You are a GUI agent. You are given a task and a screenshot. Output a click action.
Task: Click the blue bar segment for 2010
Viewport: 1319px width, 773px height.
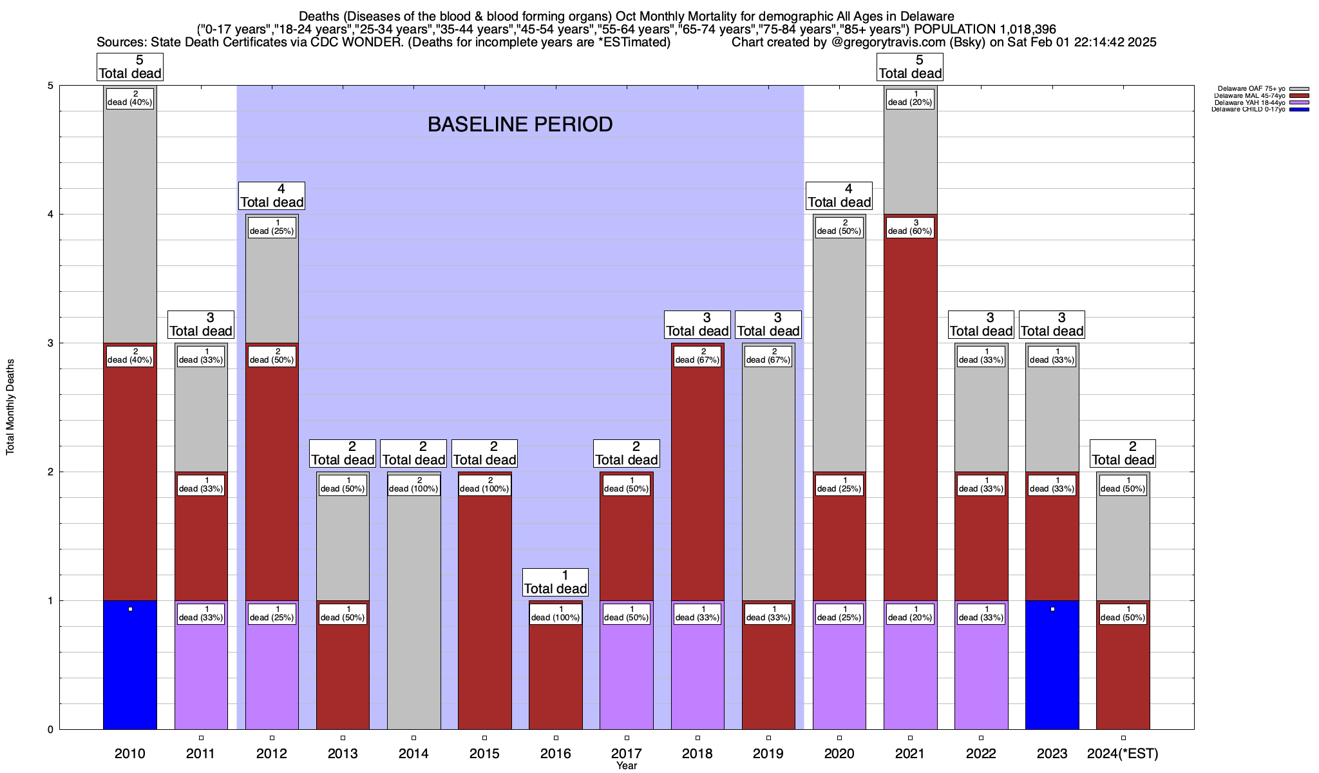130,670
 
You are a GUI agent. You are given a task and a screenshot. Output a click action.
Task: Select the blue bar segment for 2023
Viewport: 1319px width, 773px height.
1052,670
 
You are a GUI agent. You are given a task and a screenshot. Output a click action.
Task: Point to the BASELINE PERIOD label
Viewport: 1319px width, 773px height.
520,124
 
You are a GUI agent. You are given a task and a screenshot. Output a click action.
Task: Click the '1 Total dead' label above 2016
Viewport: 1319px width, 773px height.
555,582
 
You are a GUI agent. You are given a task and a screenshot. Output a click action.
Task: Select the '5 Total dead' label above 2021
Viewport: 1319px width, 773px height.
910,67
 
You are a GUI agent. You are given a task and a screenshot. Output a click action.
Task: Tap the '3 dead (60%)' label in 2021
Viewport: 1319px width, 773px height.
910,227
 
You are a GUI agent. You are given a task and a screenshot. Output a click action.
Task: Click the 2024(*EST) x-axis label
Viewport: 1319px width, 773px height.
1123,754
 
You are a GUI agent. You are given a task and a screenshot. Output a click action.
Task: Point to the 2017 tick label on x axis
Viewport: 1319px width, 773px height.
626,754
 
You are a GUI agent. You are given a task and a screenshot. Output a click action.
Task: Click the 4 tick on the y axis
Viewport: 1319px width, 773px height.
50,215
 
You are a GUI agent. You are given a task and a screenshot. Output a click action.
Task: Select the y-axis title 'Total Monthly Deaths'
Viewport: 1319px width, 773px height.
10,407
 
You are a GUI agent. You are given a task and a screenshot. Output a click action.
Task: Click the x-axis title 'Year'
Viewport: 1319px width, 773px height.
626,766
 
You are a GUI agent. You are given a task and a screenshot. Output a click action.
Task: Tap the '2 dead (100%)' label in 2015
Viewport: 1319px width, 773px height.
484,485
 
